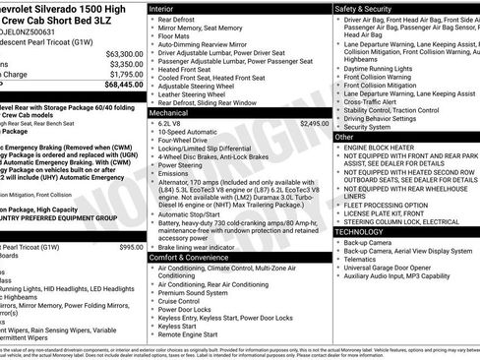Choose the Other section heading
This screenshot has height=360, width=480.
click(345, 137)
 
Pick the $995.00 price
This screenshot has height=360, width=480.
click(131, 247)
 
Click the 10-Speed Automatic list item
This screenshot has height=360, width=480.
click(189, 134)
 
